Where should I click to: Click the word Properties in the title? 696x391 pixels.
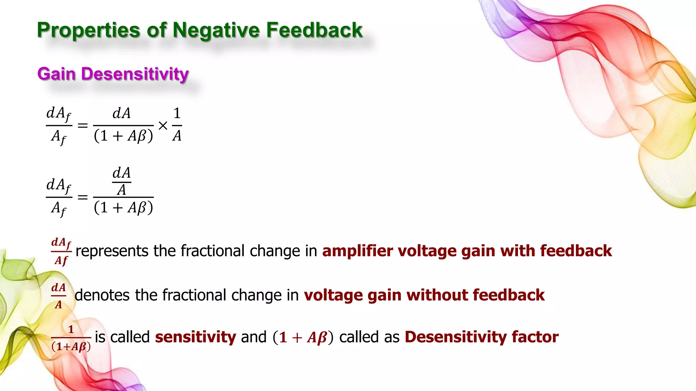88,30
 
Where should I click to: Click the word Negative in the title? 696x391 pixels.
216,30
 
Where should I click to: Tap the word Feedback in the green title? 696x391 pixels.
314,30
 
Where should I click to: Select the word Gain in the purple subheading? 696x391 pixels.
56,74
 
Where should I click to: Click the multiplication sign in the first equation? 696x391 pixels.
163,126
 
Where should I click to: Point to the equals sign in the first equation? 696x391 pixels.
83,126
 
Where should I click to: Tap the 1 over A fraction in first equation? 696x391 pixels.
177,125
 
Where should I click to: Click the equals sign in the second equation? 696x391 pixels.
83,197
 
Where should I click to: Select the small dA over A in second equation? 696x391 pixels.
122,182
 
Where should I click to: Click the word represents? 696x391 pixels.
112,252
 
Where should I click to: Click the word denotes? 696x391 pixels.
102,295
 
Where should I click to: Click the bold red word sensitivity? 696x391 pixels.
195,337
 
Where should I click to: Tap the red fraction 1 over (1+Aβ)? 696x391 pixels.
71,338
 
